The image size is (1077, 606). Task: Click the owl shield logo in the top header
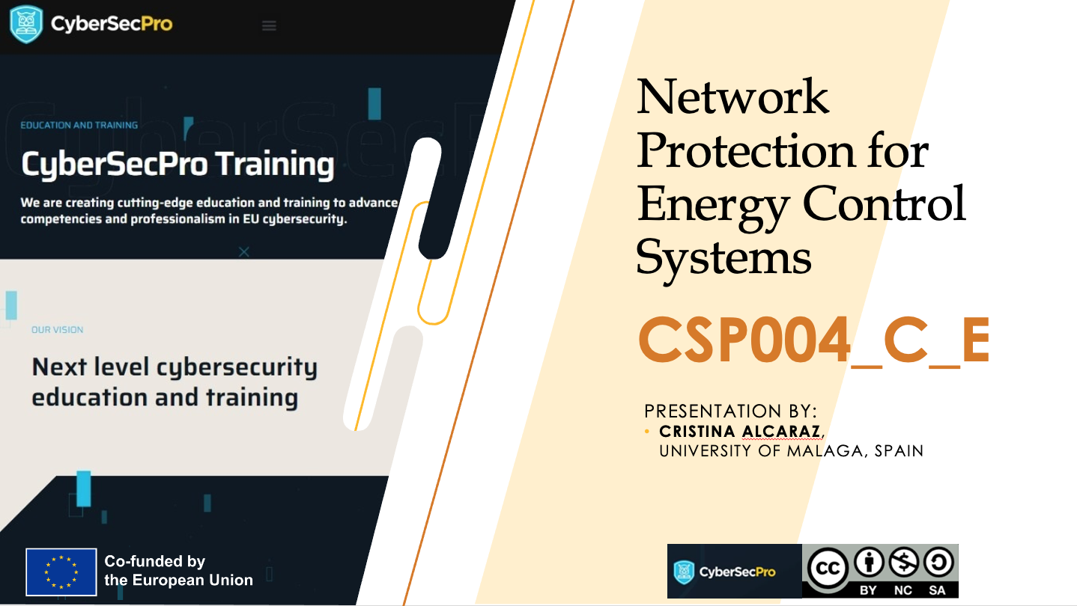(x=26, y=24)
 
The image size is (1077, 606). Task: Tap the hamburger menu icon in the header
(x=269, y=25)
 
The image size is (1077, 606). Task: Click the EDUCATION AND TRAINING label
(x=79, y=126)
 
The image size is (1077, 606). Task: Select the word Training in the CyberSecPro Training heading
(x=275, y=165)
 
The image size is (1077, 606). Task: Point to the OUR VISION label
(x=57, y=330)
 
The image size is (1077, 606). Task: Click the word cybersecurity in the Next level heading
(x=237, y=368)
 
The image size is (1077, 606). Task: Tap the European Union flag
(x=61, y=572)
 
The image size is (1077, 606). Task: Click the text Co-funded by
(x=155, y=561)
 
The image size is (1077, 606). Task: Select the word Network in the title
(x=732, y=97)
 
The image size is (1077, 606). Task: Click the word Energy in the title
(x=712, y=206)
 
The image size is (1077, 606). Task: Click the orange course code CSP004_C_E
(x=813, y=340)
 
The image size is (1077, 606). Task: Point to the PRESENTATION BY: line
(x=730, y=411)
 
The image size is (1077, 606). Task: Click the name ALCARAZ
(x=781, y=431)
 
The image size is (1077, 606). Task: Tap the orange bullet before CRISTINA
(x=646, y=431)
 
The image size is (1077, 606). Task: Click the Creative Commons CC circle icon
(x=827, y=569)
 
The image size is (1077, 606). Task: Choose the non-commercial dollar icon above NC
(x=903, y=562)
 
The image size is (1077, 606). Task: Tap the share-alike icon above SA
(x=938, y=562)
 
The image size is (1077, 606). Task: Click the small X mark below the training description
(x=243, y=251)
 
